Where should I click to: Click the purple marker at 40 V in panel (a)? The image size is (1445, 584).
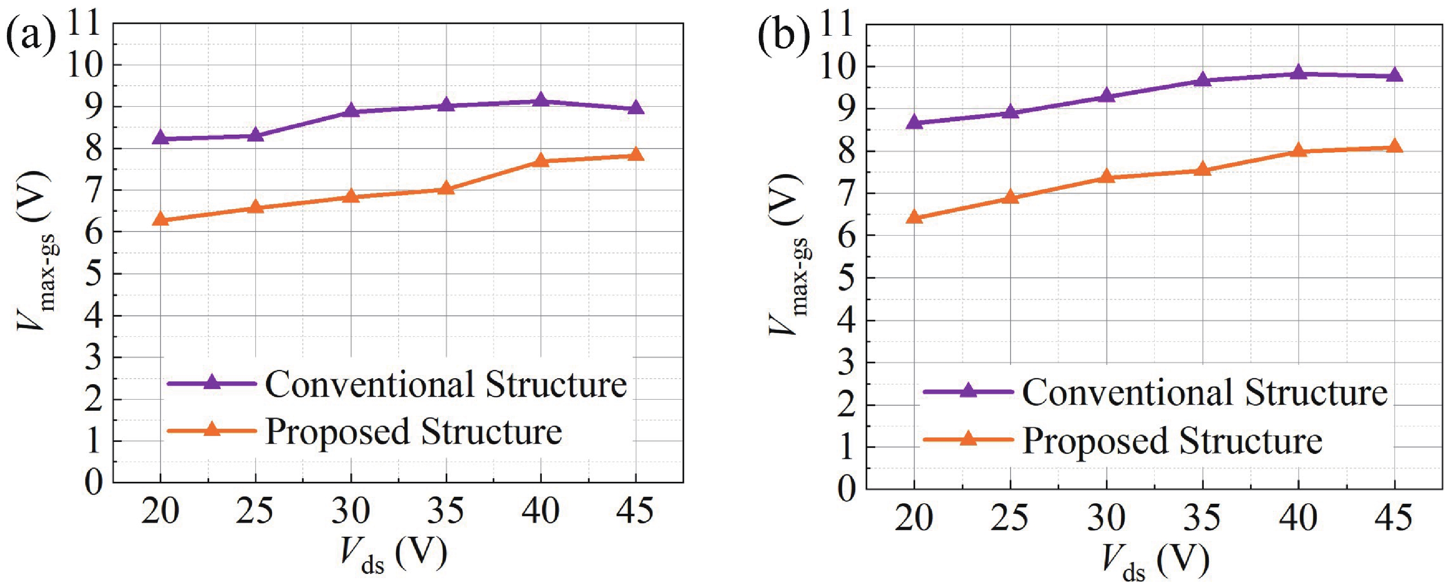click(541, 101)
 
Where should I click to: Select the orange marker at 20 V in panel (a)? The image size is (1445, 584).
click(161, 219)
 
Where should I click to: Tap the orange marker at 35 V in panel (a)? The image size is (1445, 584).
click(446, 188)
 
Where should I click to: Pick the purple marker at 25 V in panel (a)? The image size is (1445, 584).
click(256, 135)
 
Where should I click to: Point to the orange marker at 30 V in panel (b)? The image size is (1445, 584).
click(1106, 177)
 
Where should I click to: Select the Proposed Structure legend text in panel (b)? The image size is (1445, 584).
click(1173, 441)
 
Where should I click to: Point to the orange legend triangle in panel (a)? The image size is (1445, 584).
click(211, 430)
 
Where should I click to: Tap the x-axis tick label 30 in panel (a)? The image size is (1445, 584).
click(350, 511)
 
